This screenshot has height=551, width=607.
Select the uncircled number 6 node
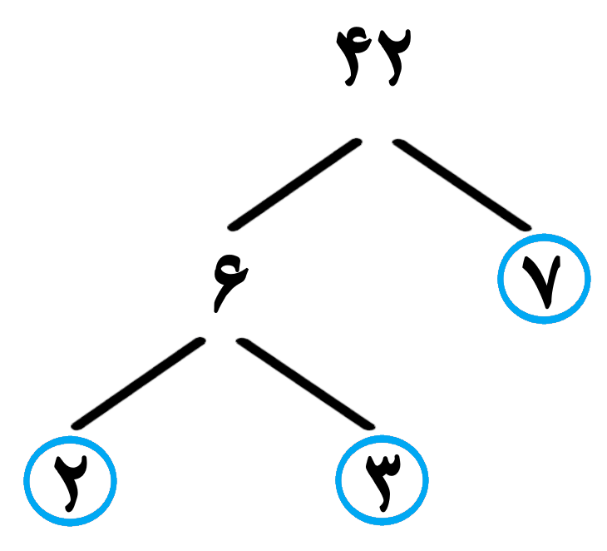coord(230,283)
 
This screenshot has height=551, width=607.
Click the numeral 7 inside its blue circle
coord(542,281)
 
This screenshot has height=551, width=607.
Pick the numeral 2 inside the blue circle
coord(71,483)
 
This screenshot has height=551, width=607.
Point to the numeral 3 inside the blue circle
coord(382,483)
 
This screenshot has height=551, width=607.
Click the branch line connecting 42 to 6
coord(295,185)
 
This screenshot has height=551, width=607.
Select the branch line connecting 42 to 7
coord(462,185)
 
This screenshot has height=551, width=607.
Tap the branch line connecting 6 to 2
coord(139,383)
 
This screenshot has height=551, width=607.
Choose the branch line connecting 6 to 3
coord(306,383)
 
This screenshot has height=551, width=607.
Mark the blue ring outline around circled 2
coord(25,481)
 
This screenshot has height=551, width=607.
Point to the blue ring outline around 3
coord(337,480)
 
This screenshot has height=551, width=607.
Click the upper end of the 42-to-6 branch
coord(358,142)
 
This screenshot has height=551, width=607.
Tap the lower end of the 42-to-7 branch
coord(527,227)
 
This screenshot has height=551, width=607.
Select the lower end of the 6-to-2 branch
coord(76,425)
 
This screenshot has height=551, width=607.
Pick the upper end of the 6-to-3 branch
coord(241,342)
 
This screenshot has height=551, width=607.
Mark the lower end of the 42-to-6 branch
coord(232,227)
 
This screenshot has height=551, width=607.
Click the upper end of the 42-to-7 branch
coord(397,142)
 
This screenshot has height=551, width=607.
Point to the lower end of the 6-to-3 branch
coord(371,425)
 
